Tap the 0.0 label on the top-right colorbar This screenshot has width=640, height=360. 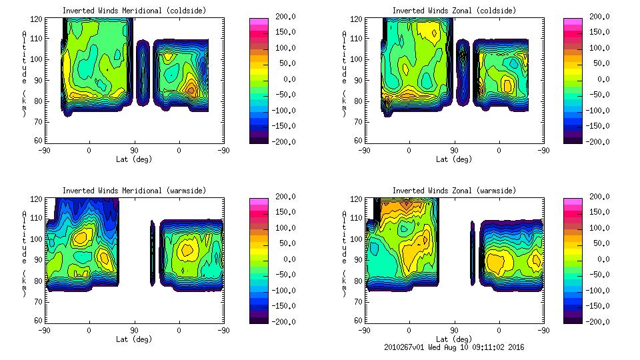tap(599, 79)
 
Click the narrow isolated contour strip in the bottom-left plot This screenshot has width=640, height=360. tap(152, 253)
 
